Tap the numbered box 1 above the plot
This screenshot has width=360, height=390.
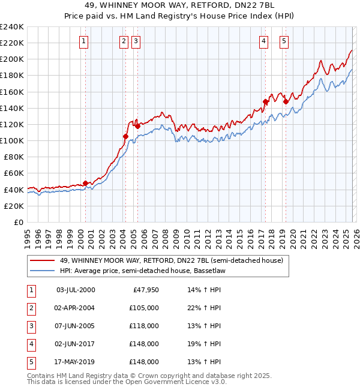[83, 41]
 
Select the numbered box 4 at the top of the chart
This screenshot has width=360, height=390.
[264, 41]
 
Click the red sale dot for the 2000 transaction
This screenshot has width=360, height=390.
[85, 183]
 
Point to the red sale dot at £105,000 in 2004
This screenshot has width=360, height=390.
[125, 136]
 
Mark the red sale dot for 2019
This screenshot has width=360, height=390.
[286, 101]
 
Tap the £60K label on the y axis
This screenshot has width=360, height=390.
[13, 173]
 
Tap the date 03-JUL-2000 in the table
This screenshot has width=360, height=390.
[75, 290]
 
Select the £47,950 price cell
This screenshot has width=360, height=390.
[144, 290]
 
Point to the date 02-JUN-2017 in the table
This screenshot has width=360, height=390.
[75, 344]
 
